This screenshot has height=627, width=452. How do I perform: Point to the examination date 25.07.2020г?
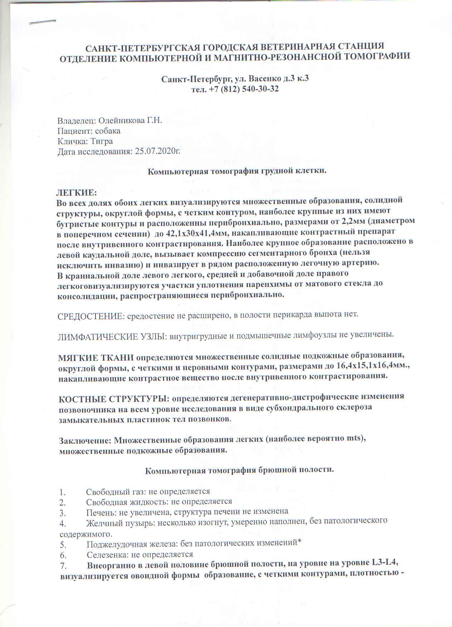point(157,152)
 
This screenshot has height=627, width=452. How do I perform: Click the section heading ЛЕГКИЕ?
point(76,193)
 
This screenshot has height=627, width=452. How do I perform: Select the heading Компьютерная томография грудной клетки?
point(237,171)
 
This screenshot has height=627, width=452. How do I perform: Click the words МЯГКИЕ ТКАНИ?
point(96,357)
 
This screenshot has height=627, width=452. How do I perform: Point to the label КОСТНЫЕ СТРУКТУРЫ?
point(114,398)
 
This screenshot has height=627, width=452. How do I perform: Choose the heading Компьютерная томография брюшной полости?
point(239,470)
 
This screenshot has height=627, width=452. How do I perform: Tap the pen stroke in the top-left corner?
point(43,22)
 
